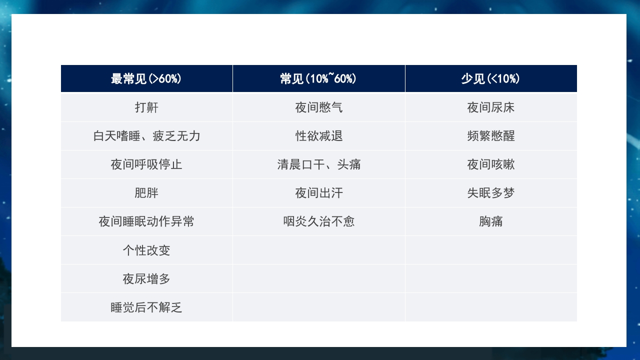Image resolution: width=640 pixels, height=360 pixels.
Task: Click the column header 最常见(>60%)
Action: (146, 79)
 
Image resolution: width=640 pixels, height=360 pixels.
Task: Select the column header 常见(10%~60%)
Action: (318, 79)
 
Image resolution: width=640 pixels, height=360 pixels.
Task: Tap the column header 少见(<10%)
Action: (490, 79)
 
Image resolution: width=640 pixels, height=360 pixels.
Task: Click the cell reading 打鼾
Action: (146, 107)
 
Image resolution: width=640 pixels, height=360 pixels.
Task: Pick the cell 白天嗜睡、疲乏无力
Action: (146, 136)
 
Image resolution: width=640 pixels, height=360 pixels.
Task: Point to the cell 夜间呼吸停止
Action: (146, 164)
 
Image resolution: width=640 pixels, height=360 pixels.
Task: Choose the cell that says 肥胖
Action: (146, 193)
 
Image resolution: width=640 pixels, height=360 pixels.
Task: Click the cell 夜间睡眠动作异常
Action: (146, 221)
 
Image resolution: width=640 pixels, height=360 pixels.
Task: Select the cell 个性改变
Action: (146, 250)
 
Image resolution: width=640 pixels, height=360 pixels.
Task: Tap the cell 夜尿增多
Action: (146, 278)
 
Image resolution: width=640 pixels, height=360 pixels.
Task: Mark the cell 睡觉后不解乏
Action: (146, 307)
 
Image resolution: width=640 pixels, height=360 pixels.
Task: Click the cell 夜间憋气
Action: (319, 107)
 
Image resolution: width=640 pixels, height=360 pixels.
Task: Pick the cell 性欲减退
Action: (319, 136)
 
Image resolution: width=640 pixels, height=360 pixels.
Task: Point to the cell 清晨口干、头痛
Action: (319, 164)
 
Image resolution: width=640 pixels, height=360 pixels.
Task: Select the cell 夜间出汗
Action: (319, 193)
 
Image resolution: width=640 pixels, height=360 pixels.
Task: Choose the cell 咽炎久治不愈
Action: (319, 221)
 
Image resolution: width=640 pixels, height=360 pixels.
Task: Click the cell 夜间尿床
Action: (491, 107)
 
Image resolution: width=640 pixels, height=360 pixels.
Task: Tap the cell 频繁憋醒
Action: (491, 136)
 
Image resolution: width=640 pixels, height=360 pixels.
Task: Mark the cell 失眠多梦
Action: (491, 193)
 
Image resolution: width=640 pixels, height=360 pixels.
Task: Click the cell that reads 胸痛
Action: (491, 221)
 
